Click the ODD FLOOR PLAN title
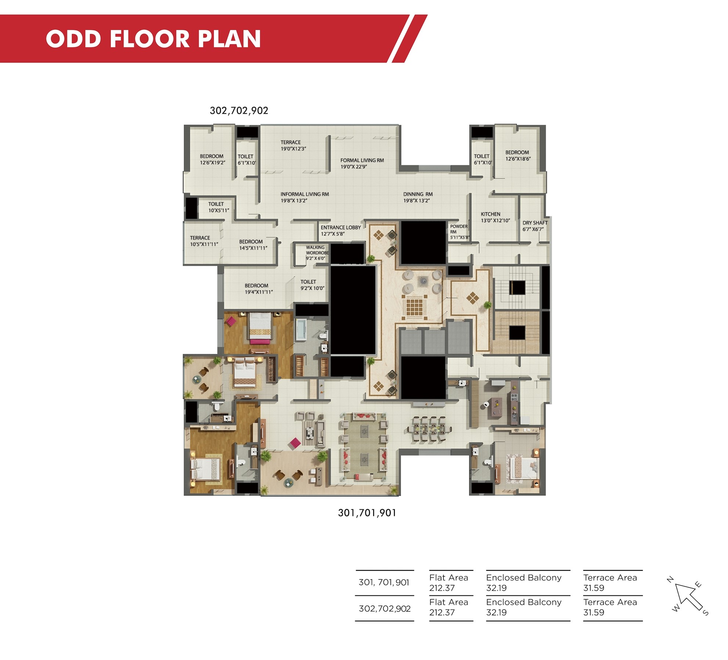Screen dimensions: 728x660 pyautogui.click(x=153, y=39)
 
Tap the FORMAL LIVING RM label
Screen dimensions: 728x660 pyautogui.click(x=362, y=163)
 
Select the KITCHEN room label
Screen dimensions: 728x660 pyautogui.click(x=495, y=217)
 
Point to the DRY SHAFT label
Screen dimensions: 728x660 pyautogui.click(x=535, y=226)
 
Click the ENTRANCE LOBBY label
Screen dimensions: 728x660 pyautogui.click(x=340, y=231)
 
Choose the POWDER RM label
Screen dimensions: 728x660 pyautogui.click(x=459, y=232)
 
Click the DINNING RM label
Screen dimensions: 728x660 pyautogui.click(x=418, y=197)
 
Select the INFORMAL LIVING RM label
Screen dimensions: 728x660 pyautogui.click(x=304, y=197)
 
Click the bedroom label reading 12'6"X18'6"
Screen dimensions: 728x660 pyautogui.click(x=518, y=155)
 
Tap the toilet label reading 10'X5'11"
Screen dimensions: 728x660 pyautogui.click(x=218, y=207)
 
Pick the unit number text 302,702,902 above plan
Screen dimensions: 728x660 pyautogui.click(x=239, y=111)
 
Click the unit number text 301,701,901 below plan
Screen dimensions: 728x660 pyautogui.click(x=367, y=513)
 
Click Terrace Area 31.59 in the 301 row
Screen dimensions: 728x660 pyautogui.click(x=610, y=583)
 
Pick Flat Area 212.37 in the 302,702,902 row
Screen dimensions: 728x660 pyautogui.click(x=448, y=607)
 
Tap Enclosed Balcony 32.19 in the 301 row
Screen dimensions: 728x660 pyautogui.click(x=524, y=583)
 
